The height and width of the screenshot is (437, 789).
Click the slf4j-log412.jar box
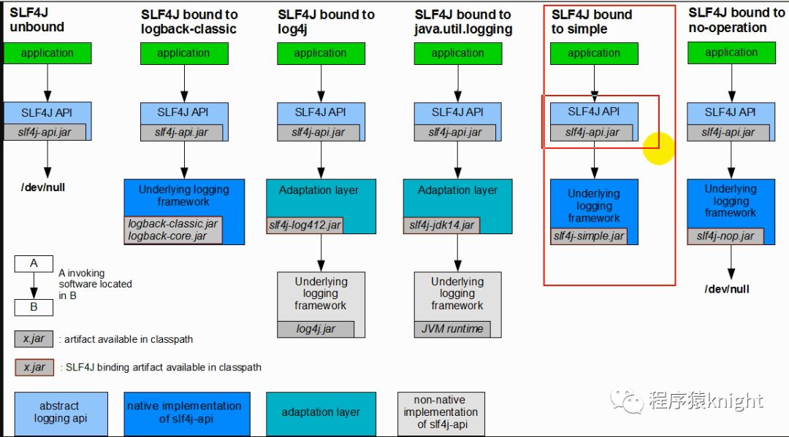pyautogui.click(x=305, y=225)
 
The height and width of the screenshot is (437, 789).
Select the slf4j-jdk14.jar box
pyautogui.click(x=441, y=225)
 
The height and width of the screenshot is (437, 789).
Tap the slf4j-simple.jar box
pyautogui.click(x=589, y=236)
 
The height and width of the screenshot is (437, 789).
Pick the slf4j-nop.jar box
pyautogui.click(x=725, y=236)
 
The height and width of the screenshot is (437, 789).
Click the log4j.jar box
pyautogui.click(x=316, y=329)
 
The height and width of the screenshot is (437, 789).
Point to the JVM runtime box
pyautogui.click(x=452, y=329)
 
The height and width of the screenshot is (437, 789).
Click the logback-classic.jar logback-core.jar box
pyautogui.click(x=172, y=230)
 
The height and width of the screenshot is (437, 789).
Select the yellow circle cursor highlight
pyautogui.click(x=658, y=148)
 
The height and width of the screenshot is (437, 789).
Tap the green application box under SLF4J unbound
pyautogui.click(x=47, y=53)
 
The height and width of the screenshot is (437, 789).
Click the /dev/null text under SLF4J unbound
pyautogui.click(x=43, y=187)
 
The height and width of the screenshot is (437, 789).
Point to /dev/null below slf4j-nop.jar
pyautogui.click(x=727, y=289)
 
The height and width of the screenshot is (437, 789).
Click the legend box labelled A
pyautogui.click(x=34, y=264)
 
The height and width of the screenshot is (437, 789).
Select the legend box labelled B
pyautogui.click(x=34, y=307)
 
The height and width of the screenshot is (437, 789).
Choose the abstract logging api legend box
pyautogui.click(x=61, y=412)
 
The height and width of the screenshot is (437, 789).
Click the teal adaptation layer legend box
pyautogui.click(x=321, y=412)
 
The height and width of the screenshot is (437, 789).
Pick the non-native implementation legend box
pyautogui.click(x=441, y=412)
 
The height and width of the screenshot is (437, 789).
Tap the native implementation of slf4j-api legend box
pyautogui.click(x=187, y=412)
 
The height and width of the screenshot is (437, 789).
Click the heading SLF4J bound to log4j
pyautogui.click(x=326, y=22)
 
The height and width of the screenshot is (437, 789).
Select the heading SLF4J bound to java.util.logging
pyautogui.click(x=463, y=22)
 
